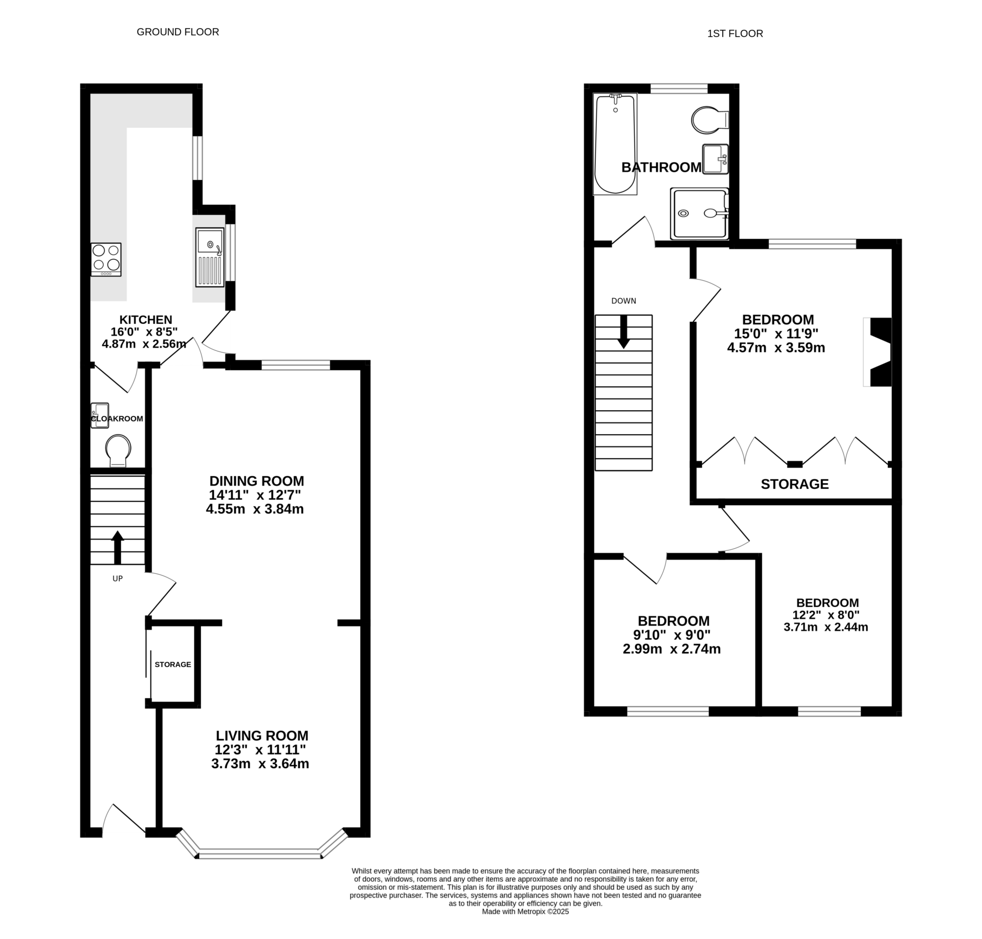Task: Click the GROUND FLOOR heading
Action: tap(177, 32)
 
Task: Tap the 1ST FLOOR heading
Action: tap(735, 34)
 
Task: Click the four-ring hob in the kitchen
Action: tap(106, 260)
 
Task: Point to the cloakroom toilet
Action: tap(118, 451)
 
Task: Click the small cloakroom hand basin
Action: tap(100, 415)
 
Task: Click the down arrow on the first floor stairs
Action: tap(623, 332)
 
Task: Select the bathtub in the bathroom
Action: tap(615, 144)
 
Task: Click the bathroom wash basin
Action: tap(716, 159)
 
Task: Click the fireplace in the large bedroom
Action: tap(878, 352)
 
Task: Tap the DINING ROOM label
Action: tap(257, 481)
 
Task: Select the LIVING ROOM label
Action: tap(262, 736)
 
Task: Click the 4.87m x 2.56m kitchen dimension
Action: tap(144, 344)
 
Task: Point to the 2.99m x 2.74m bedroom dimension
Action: tap(672, 650)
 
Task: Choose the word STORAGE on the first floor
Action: tap(795, 484)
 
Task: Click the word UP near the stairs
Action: tap(118, 578)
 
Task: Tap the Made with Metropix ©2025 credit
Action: tap(525, 926)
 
